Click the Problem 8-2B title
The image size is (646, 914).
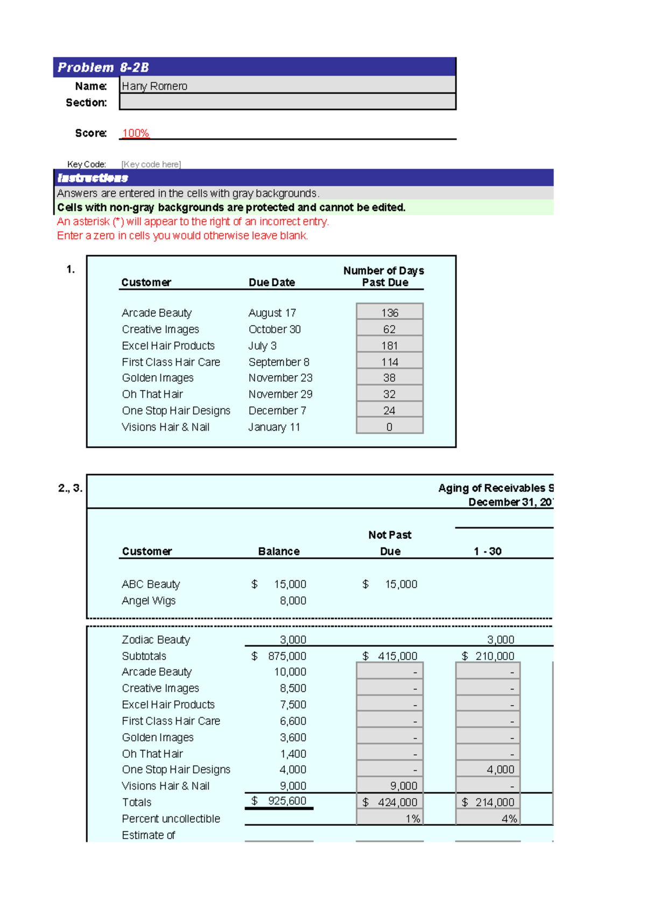[103, 67]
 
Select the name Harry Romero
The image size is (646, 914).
[155, 86]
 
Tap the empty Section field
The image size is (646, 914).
[287, 102]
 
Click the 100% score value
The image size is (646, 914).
[136, 133]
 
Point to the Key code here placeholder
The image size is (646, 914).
[151, 164]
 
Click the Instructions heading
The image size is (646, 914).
[93, 178]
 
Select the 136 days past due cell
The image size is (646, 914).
[389, 313]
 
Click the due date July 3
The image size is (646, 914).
[262, 346]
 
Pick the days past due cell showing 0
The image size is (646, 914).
[389, 427]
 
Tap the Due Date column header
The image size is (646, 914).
[271, 282]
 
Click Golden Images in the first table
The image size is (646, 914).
[157, 378]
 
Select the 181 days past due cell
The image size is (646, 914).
[389, 346]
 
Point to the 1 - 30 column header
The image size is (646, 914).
[487, 551]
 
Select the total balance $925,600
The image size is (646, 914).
[280, 801]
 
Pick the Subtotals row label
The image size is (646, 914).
[144, 656]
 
